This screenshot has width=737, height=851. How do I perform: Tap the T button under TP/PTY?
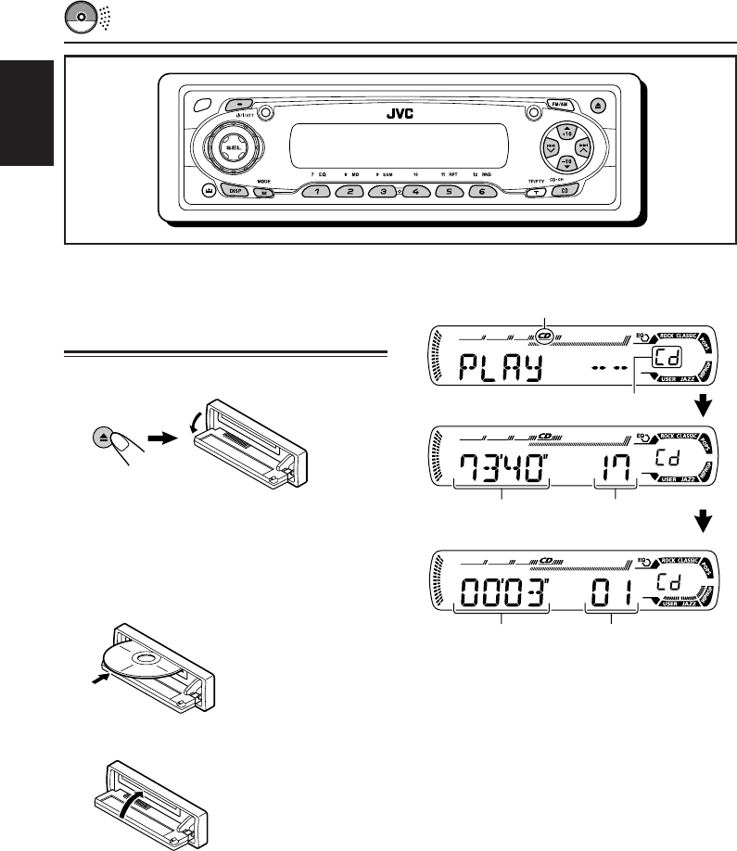(x=535, y=193)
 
